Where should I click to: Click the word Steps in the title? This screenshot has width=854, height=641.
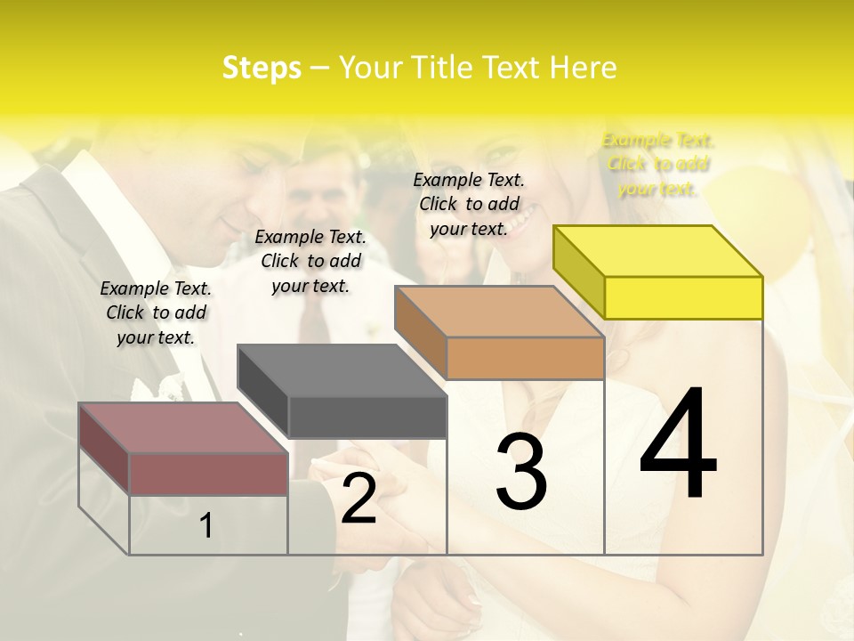(x=262, y=68)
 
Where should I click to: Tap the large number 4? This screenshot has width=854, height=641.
(x=678, y=445)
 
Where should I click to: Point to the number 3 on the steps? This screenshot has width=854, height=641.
(x=521, y=473)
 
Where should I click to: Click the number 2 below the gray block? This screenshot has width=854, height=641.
(x=359, y=499)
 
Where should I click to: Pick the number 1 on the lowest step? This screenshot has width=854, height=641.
(x=205, y=526)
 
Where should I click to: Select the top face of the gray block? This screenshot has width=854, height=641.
(x=342, y=370)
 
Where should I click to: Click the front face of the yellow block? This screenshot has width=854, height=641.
(x=683, y=297)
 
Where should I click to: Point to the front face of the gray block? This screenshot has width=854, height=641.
(x=367, y=417)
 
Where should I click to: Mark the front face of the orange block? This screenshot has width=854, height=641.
(x=525, y=358)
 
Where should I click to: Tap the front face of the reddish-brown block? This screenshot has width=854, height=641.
(x=208, y=474)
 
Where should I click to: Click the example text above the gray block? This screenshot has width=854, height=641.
(x=310, y=261)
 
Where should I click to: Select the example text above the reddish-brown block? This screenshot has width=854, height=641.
(x=156, y=312)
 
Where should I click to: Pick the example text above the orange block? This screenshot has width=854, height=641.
(x=469, y=204)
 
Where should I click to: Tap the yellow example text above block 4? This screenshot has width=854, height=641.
(x=657, y=164)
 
